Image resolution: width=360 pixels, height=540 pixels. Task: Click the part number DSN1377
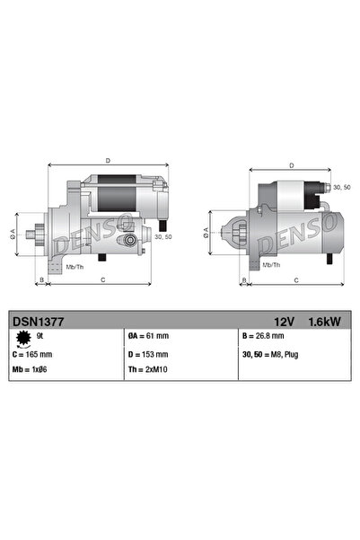[33, 319]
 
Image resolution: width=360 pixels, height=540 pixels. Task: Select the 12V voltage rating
[284, 319]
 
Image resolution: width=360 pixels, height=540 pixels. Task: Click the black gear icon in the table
[22, 337]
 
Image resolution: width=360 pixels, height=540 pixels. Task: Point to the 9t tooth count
[40, 335]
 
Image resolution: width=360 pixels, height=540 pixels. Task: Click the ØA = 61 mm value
[148, 336]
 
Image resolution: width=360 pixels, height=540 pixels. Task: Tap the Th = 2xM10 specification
[149, 369]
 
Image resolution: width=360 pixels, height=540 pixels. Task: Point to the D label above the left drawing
[107, 161]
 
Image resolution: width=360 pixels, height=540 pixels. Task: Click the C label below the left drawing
[103, 279]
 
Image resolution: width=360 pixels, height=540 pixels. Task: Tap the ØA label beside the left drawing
[13, 233]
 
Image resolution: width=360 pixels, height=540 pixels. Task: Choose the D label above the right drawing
[292, 165]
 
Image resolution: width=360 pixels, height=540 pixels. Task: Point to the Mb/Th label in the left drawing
[75, 267]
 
